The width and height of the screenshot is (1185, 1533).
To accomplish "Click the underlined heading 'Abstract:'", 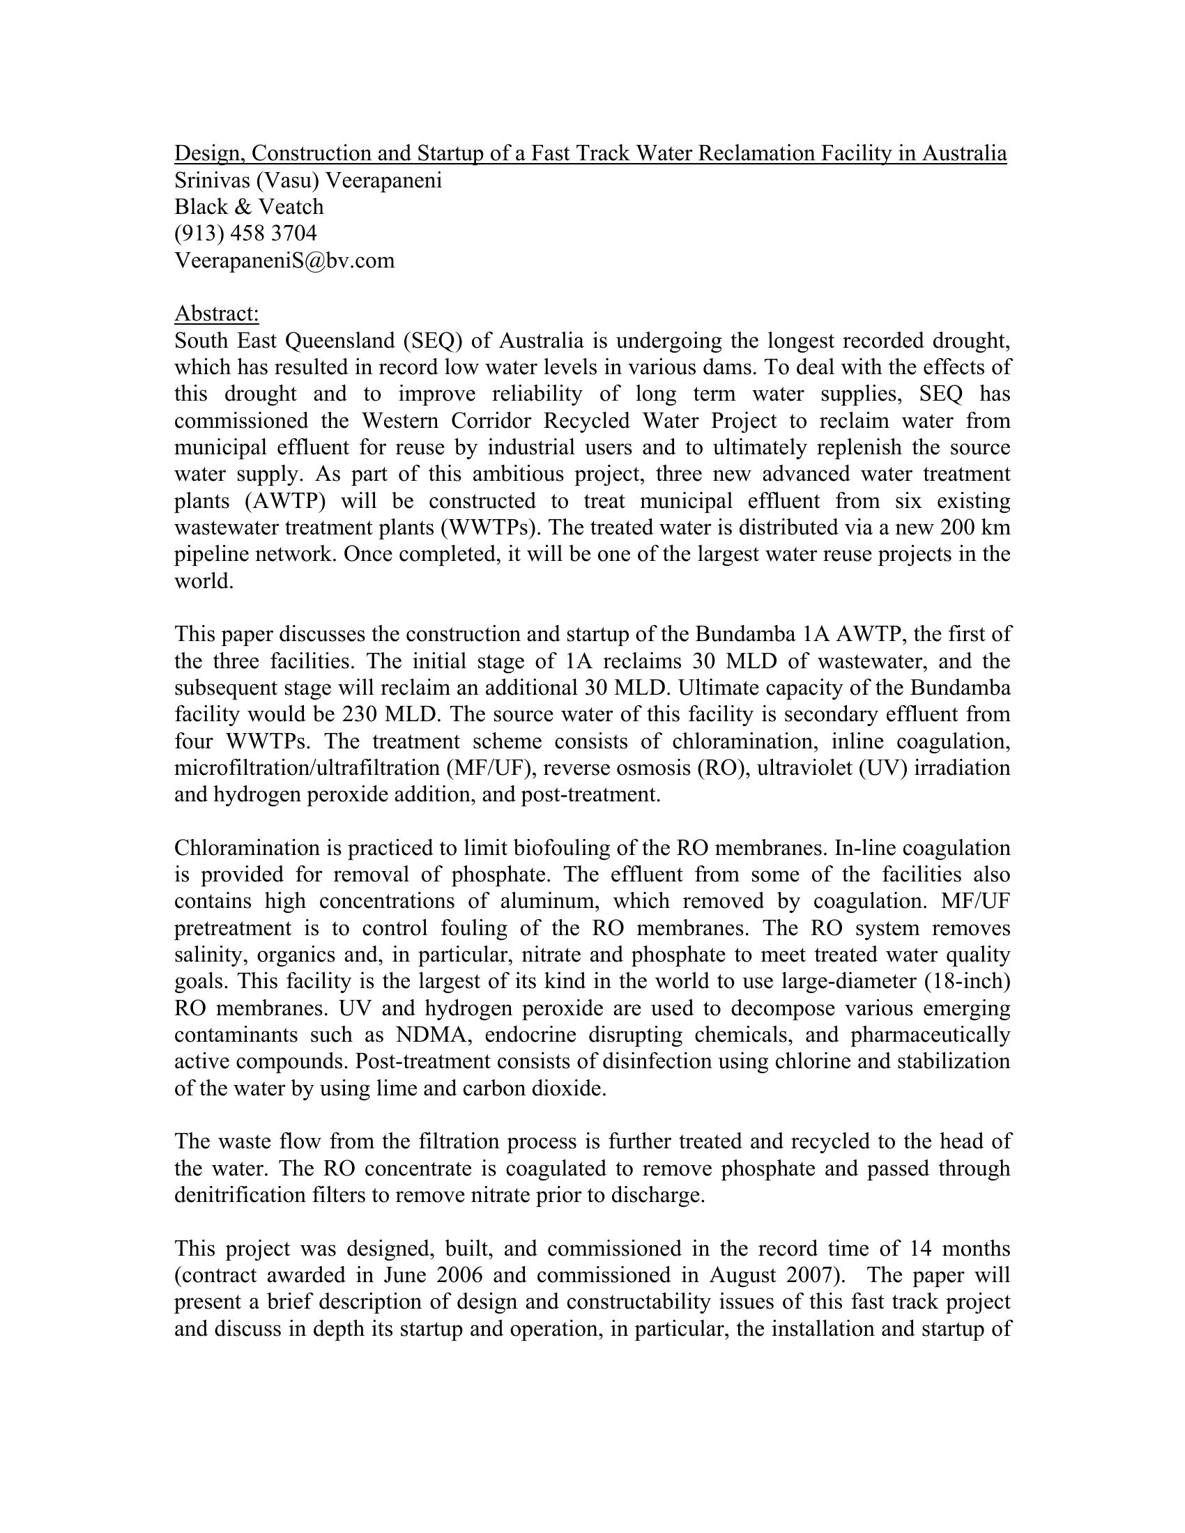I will click(216, 314).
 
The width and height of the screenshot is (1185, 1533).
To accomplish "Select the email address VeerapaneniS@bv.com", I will click(284, 261).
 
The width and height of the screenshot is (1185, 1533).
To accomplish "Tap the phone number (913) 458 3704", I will click(245, 233).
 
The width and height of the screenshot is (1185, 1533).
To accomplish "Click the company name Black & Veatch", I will click(250, 206).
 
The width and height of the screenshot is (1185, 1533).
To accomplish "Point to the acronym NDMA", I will click(430, 1035).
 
